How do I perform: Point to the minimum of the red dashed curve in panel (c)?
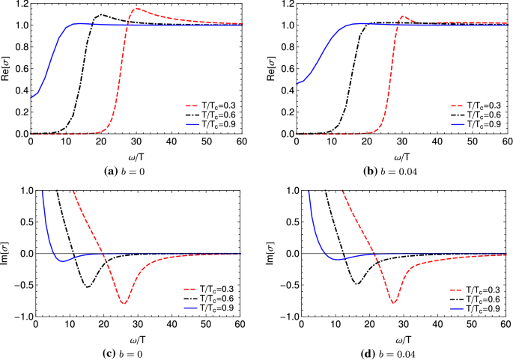click(x=124, y=303)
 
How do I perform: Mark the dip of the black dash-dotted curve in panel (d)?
click(x=357, y=284)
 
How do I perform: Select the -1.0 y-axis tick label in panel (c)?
click(x=19, y=317)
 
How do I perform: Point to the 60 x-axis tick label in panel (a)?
click(x=241, y=142)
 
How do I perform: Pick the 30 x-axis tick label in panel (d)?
click(x=401, y=326)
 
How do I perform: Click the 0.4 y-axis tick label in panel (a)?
click(x=20, y=91)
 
